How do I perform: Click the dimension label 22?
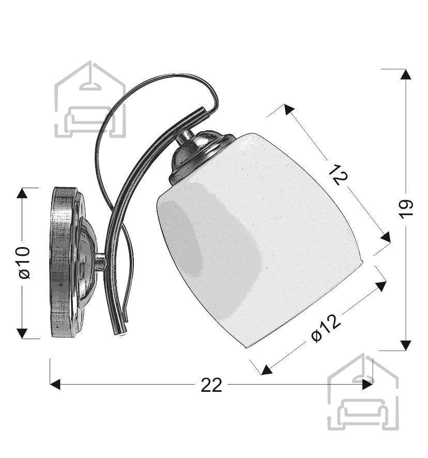click(x=211, y=385)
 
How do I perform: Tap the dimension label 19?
click(x=405, y=209)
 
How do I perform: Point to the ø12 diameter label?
click(x=326, y=328)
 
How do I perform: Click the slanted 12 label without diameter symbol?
click(x=339, y=175)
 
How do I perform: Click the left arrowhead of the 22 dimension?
click(x=55, y=385)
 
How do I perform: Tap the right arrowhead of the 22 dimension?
click(x=367, y=385)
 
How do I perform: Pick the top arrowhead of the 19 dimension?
click(x=405, y=74)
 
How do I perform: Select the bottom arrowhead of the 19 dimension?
click(x=405, y=345)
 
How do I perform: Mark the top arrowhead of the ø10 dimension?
click(x=22, y=193)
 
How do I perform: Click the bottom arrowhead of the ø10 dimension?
click(x=22, y=333)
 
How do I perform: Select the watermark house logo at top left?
click(x=90, y=99)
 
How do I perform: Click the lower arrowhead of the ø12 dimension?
click(x=266, y=370)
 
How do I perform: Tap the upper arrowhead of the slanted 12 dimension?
click(x=288, y=109)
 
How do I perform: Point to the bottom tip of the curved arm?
click(x=122, y=332)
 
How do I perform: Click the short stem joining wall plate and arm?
click(x=101, y=262)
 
